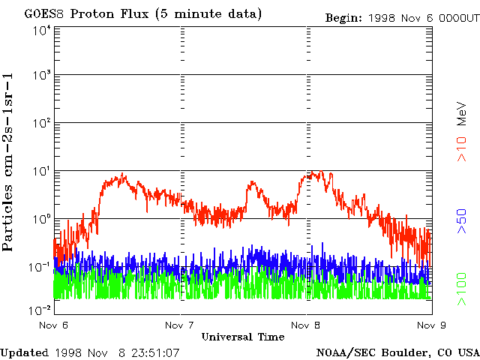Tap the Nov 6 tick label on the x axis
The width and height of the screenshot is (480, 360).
click(x=53, y=325)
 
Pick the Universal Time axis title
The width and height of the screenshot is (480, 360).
click(x=242, y=337)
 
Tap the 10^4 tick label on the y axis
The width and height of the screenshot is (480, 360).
click(x=41, y=30)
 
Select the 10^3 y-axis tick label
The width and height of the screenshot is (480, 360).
click(x=41, y=76)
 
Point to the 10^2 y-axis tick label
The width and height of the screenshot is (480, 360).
click(x=41, y=123)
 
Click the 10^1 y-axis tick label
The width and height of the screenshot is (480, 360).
click(x=41, y=171)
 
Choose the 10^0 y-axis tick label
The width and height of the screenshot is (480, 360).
click(x=41, y=219)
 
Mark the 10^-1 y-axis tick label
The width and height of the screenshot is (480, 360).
click(x=39, y=266)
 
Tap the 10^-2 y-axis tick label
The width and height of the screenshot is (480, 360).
click(x=39, y=310)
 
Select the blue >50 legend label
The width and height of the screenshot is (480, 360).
click(x=462, y=223)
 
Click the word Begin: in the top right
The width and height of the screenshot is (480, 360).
click(x=344, y=17)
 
